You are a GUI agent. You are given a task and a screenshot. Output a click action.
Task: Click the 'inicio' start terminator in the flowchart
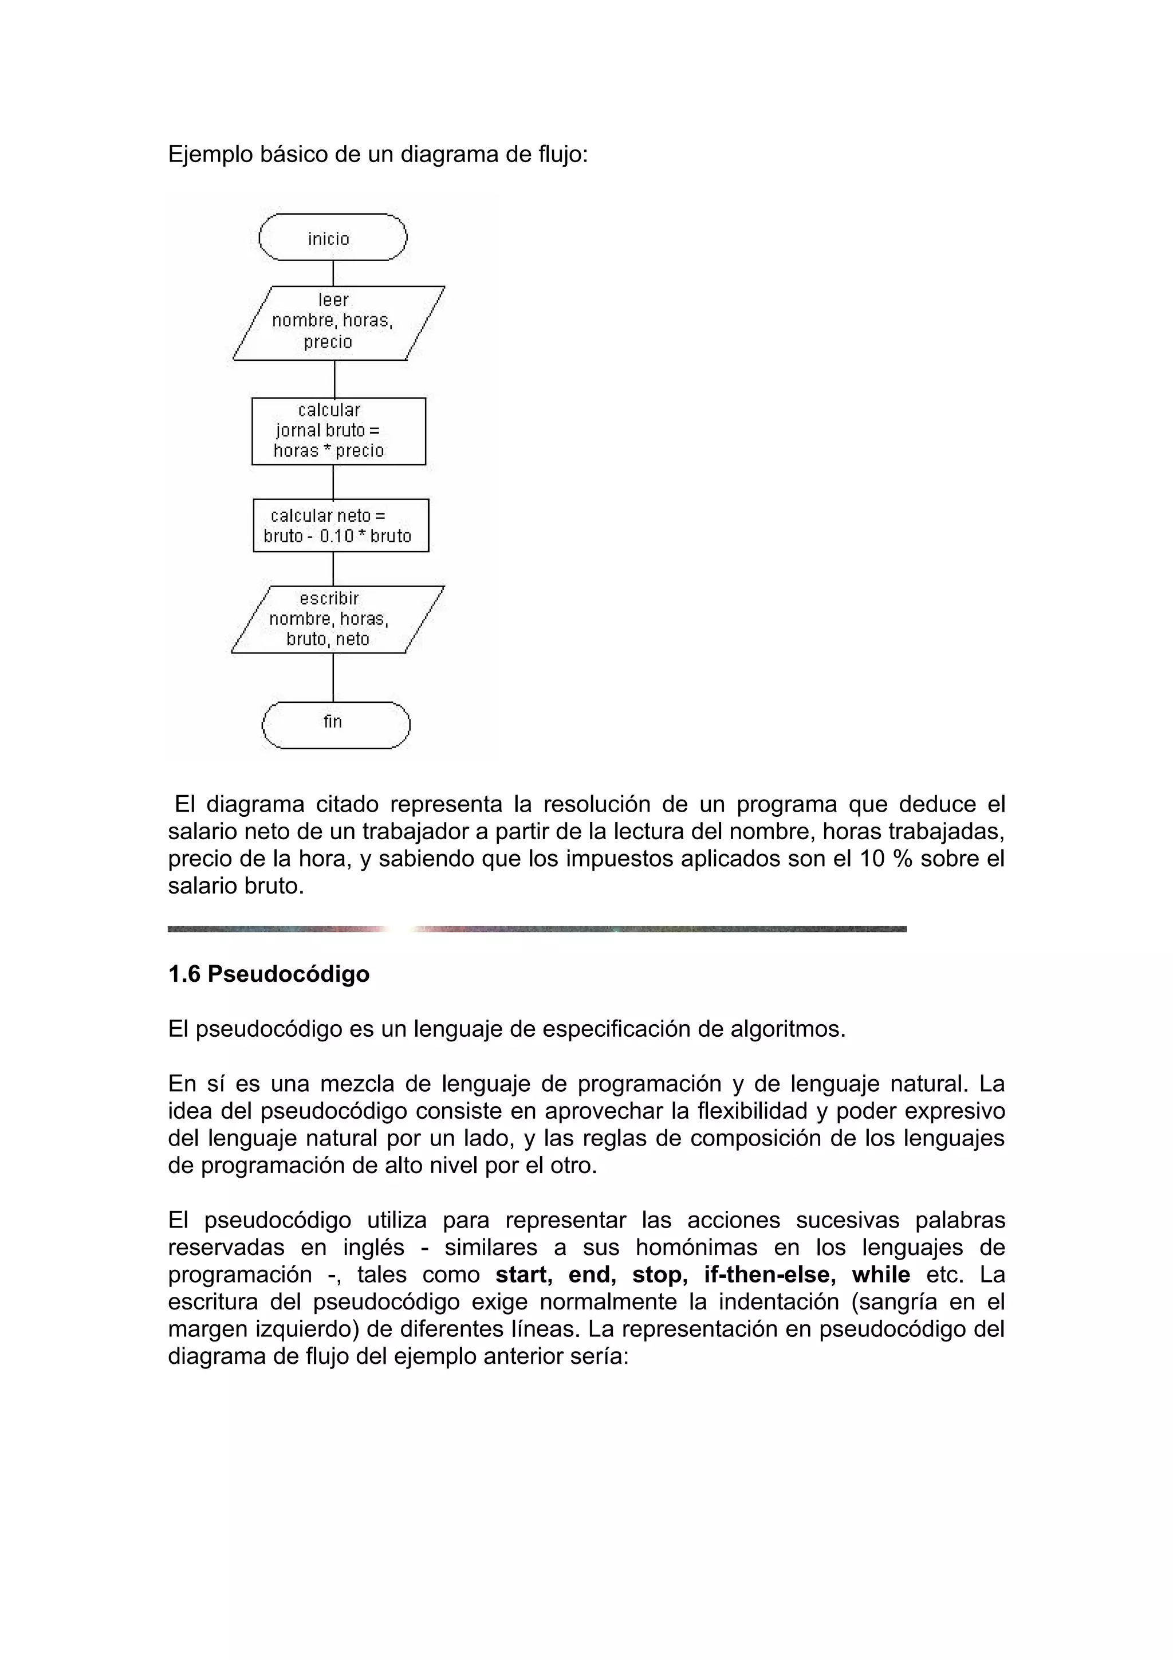[332, 238]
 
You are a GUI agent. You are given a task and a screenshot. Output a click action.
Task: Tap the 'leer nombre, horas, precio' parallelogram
[337, 322]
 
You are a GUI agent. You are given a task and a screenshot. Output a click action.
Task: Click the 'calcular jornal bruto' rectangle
[338, 431]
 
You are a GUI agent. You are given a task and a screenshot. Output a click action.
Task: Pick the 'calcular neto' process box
[340, 526]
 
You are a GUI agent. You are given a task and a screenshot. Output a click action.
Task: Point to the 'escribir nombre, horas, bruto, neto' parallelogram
[337, 620]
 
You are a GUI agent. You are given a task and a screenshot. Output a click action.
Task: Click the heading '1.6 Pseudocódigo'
[268, 974]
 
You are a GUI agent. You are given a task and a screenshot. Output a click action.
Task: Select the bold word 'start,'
[524, 1274]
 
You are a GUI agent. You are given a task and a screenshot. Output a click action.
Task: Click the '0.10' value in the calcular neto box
[337, 536]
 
